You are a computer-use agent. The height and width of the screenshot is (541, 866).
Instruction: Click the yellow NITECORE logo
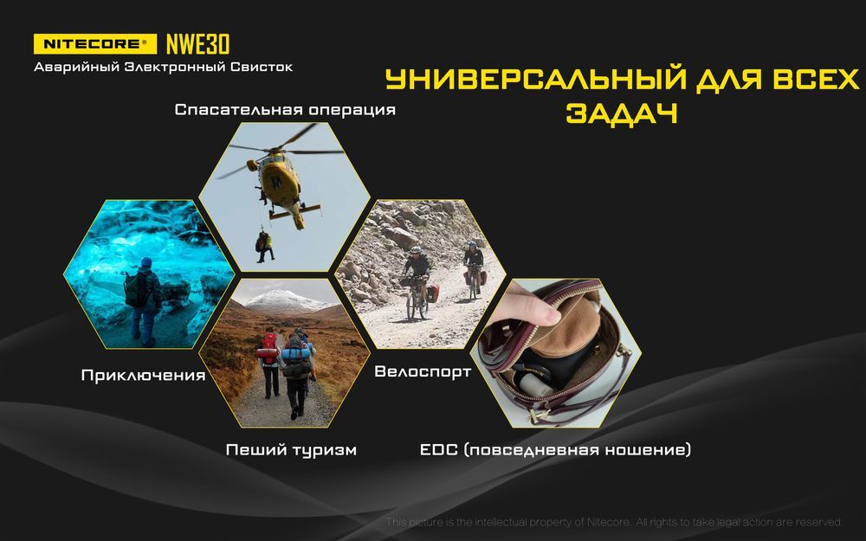coord(95,44)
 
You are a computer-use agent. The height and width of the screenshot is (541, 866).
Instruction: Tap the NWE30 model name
coord(197,44)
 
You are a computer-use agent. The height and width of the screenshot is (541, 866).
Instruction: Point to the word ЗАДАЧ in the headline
coord(622,113)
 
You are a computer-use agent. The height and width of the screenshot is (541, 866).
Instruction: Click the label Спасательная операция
coord(285,109)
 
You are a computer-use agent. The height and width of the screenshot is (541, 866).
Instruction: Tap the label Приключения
coord(143,376)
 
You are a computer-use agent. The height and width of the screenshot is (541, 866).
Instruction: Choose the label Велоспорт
coord(423,371)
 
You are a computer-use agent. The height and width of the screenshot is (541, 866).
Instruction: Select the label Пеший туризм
coord(291,450)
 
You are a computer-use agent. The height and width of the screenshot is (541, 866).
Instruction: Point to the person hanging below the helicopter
coord(264,246)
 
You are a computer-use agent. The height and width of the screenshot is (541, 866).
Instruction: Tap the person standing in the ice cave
coord(143,301)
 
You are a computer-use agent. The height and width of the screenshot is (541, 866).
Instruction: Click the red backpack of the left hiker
coord(269,348)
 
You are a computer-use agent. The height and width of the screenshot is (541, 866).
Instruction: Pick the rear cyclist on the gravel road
coord(473,269)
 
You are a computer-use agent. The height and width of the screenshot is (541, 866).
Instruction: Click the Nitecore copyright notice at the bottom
coord(614,522)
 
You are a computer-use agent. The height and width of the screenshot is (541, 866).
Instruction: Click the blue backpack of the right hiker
coord(294,353)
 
